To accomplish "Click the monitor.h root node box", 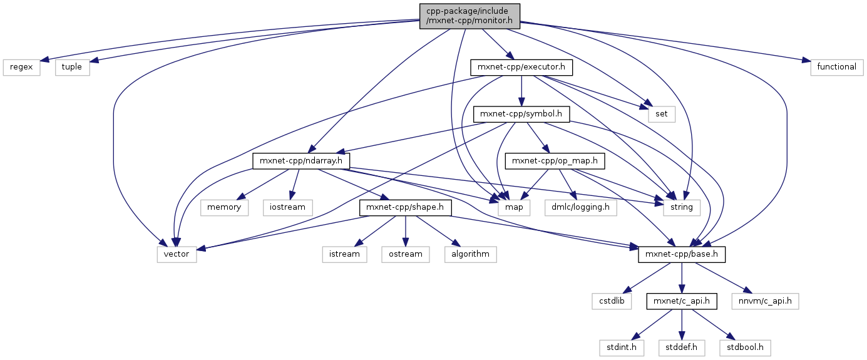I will coord(469,14).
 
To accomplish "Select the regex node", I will coord(22,66).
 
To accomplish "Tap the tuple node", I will coord(72,66).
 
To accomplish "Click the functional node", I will coord(837,66).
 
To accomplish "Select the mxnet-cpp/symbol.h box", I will coord(522,114).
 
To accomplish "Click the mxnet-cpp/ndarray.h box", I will coord(300,161).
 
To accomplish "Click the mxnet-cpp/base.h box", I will coord(682,255).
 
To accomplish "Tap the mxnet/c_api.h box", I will coord(682,301).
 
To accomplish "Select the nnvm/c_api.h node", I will coord(769,301).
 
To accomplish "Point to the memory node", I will coord(224,207).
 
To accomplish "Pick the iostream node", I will coord(288,207).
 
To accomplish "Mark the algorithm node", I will coord(470,254).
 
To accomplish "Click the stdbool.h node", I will coord(744,347).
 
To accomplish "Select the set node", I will coord(662,114).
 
